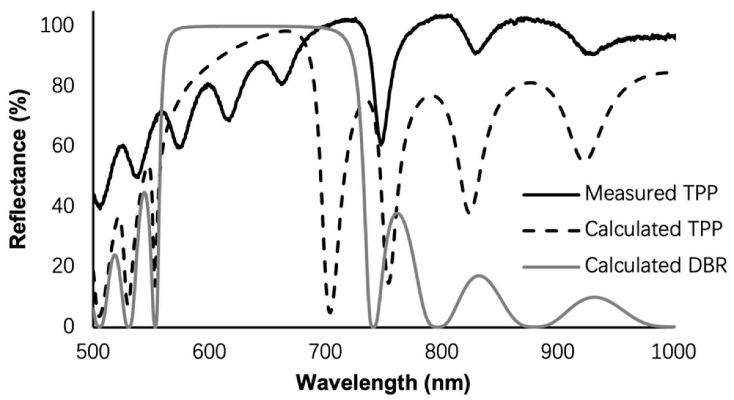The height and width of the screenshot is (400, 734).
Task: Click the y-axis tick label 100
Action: point(57,26)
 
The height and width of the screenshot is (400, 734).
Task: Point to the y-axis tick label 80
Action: point(63,86)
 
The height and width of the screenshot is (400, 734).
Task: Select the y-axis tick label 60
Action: point(63,146)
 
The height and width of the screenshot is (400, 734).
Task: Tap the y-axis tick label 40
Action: point(63,206)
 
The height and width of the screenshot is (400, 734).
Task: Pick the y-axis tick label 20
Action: point(63,266)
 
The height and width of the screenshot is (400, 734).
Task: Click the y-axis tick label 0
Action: point(68,326)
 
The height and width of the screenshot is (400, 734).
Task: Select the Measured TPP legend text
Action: point(651,194)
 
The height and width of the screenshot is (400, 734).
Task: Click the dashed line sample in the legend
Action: point(551,230)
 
